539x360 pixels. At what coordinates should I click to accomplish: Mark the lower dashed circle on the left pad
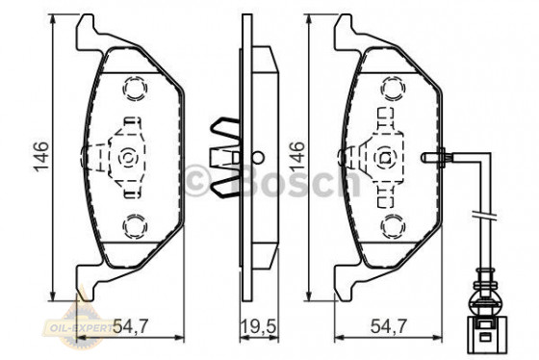(133, 225)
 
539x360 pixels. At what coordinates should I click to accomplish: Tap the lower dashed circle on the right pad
(389, 225)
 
